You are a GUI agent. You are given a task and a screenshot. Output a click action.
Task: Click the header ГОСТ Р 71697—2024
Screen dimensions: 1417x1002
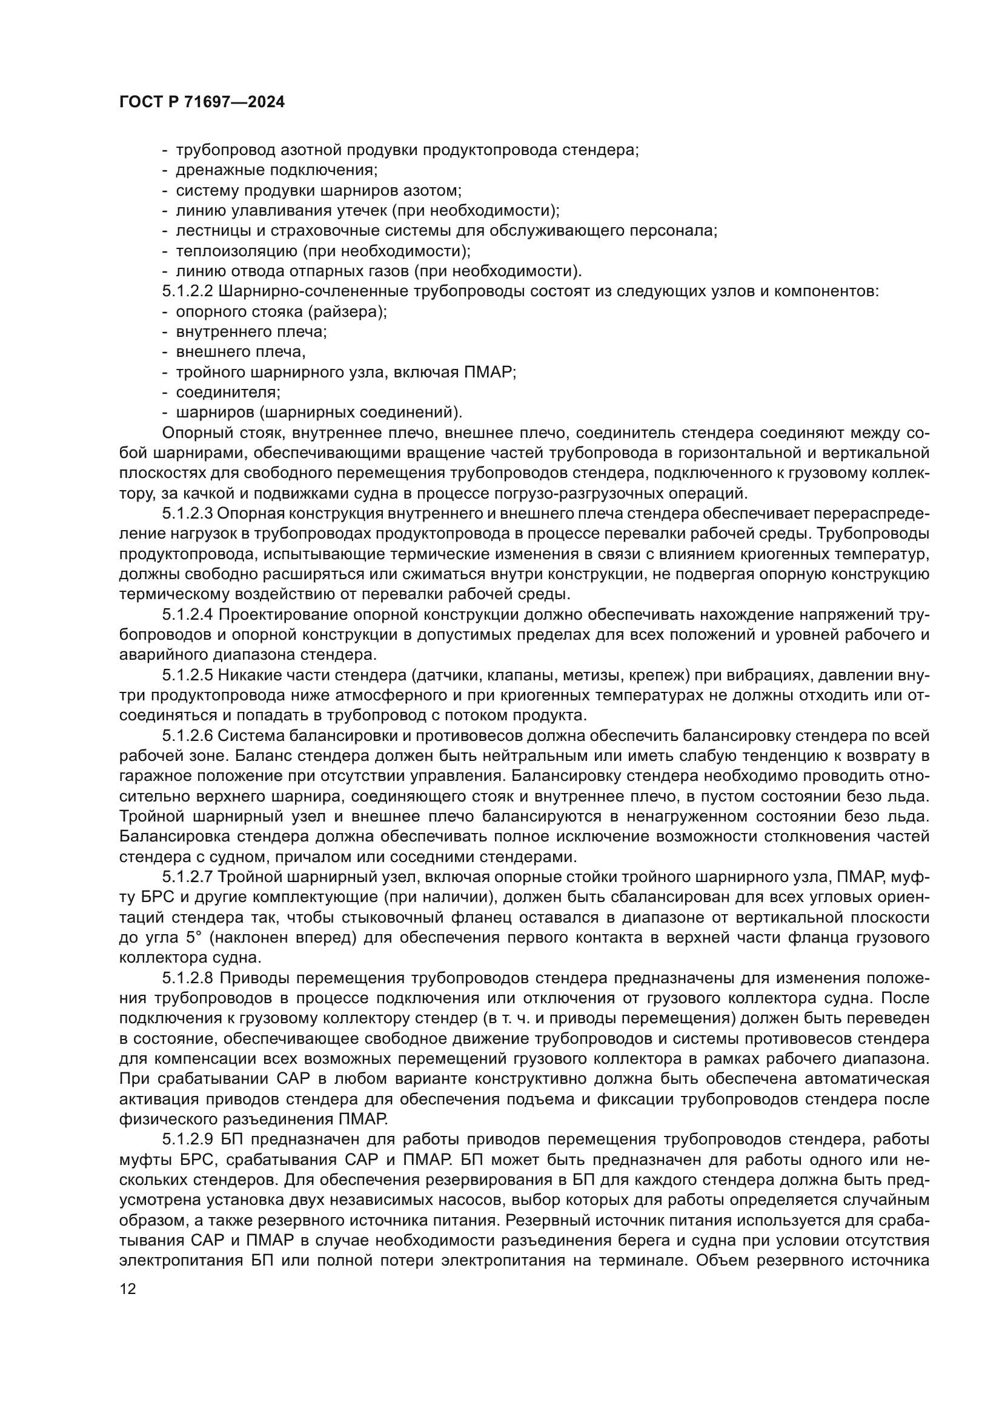coord(202,102)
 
